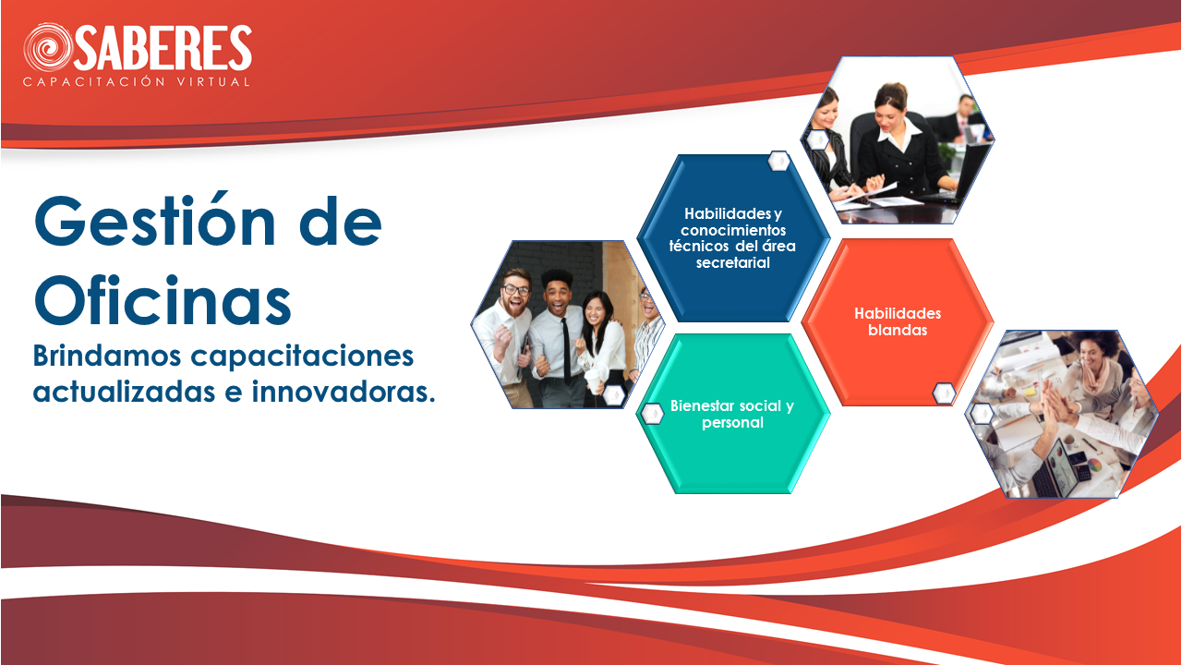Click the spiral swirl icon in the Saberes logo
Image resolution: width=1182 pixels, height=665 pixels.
(48, 47)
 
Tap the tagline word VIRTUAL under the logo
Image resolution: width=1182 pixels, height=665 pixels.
(213, 82)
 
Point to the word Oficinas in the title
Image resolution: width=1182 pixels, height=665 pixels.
(163, 300)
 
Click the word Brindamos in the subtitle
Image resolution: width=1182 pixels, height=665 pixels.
(107, 356)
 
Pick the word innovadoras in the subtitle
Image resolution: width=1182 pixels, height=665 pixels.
(344, 392)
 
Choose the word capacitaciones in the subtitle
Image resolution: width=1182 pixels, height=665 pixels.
(302, 357)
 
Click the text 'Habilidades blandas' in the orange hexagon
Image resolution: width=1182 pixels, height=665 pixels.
(898, 321)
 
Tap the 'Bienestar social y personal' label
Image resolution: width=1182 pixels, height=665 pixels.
(732, 414)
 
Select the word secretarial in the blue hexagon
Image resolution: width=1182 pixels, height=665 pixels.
(732, 262)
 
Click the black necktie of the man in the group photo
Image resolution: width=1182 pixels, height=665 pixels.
(566, 351)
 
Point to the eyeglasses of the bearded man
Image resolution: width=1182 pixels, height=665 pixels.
(515, 290)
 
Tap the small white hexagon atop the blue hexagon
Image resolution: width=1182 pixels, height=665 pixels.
(778, 161)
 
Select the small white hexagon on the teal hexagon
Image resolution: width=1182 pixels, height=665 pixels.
(652, 414)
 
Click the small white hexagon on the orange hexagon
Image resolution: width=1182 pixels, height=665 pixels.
(944, 393)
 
